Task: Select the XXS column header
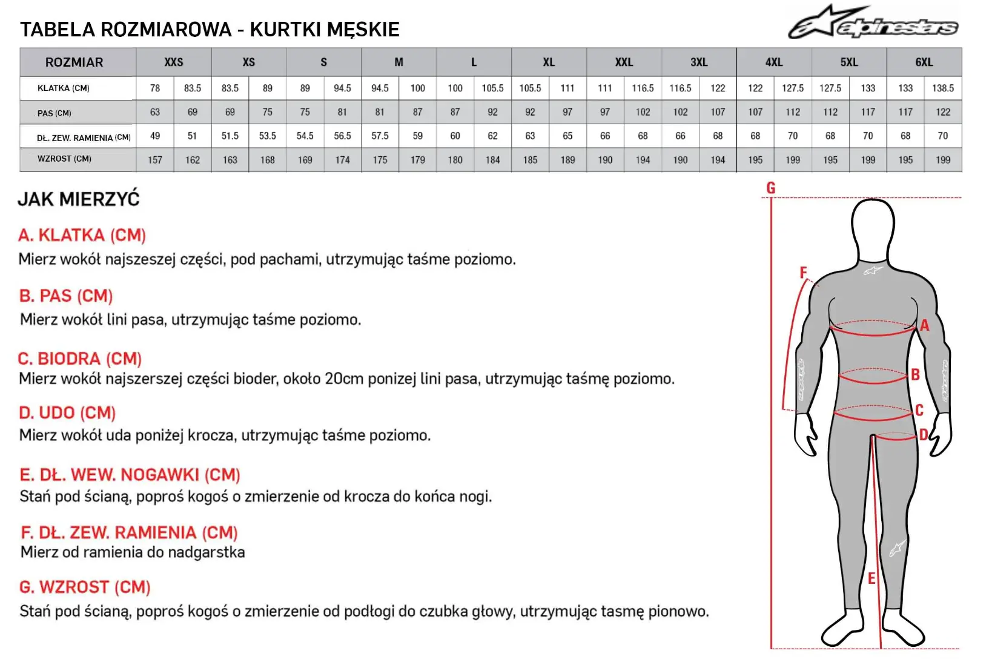point(174,62)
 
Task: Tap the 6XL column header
point(924,62)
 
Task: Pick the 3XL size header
point(699,62)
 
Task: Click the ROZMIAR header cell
point(74,62)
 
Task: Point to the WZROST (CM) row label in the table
point(64,159)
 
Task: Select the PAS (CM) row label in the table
point(55,113)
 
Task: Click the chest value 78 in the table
point(155,88)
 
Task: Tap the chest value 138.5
point(942,88)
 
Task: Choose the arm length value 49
point(155,136)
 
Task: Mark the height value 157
point(155,161)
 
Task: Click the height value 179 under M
point(417,161)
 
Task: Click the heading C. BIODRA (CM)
point(79,359)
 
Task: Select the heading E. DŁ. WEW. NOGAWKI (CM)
point(130,475)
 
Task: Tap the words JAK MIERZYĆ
point(79,199)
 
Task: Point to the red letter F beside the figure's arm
point(803,273)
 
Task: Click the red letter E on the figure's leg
point(871,579)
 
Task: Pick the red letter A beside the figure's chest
point(924,326)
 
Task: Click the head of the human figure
point(873,227)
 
